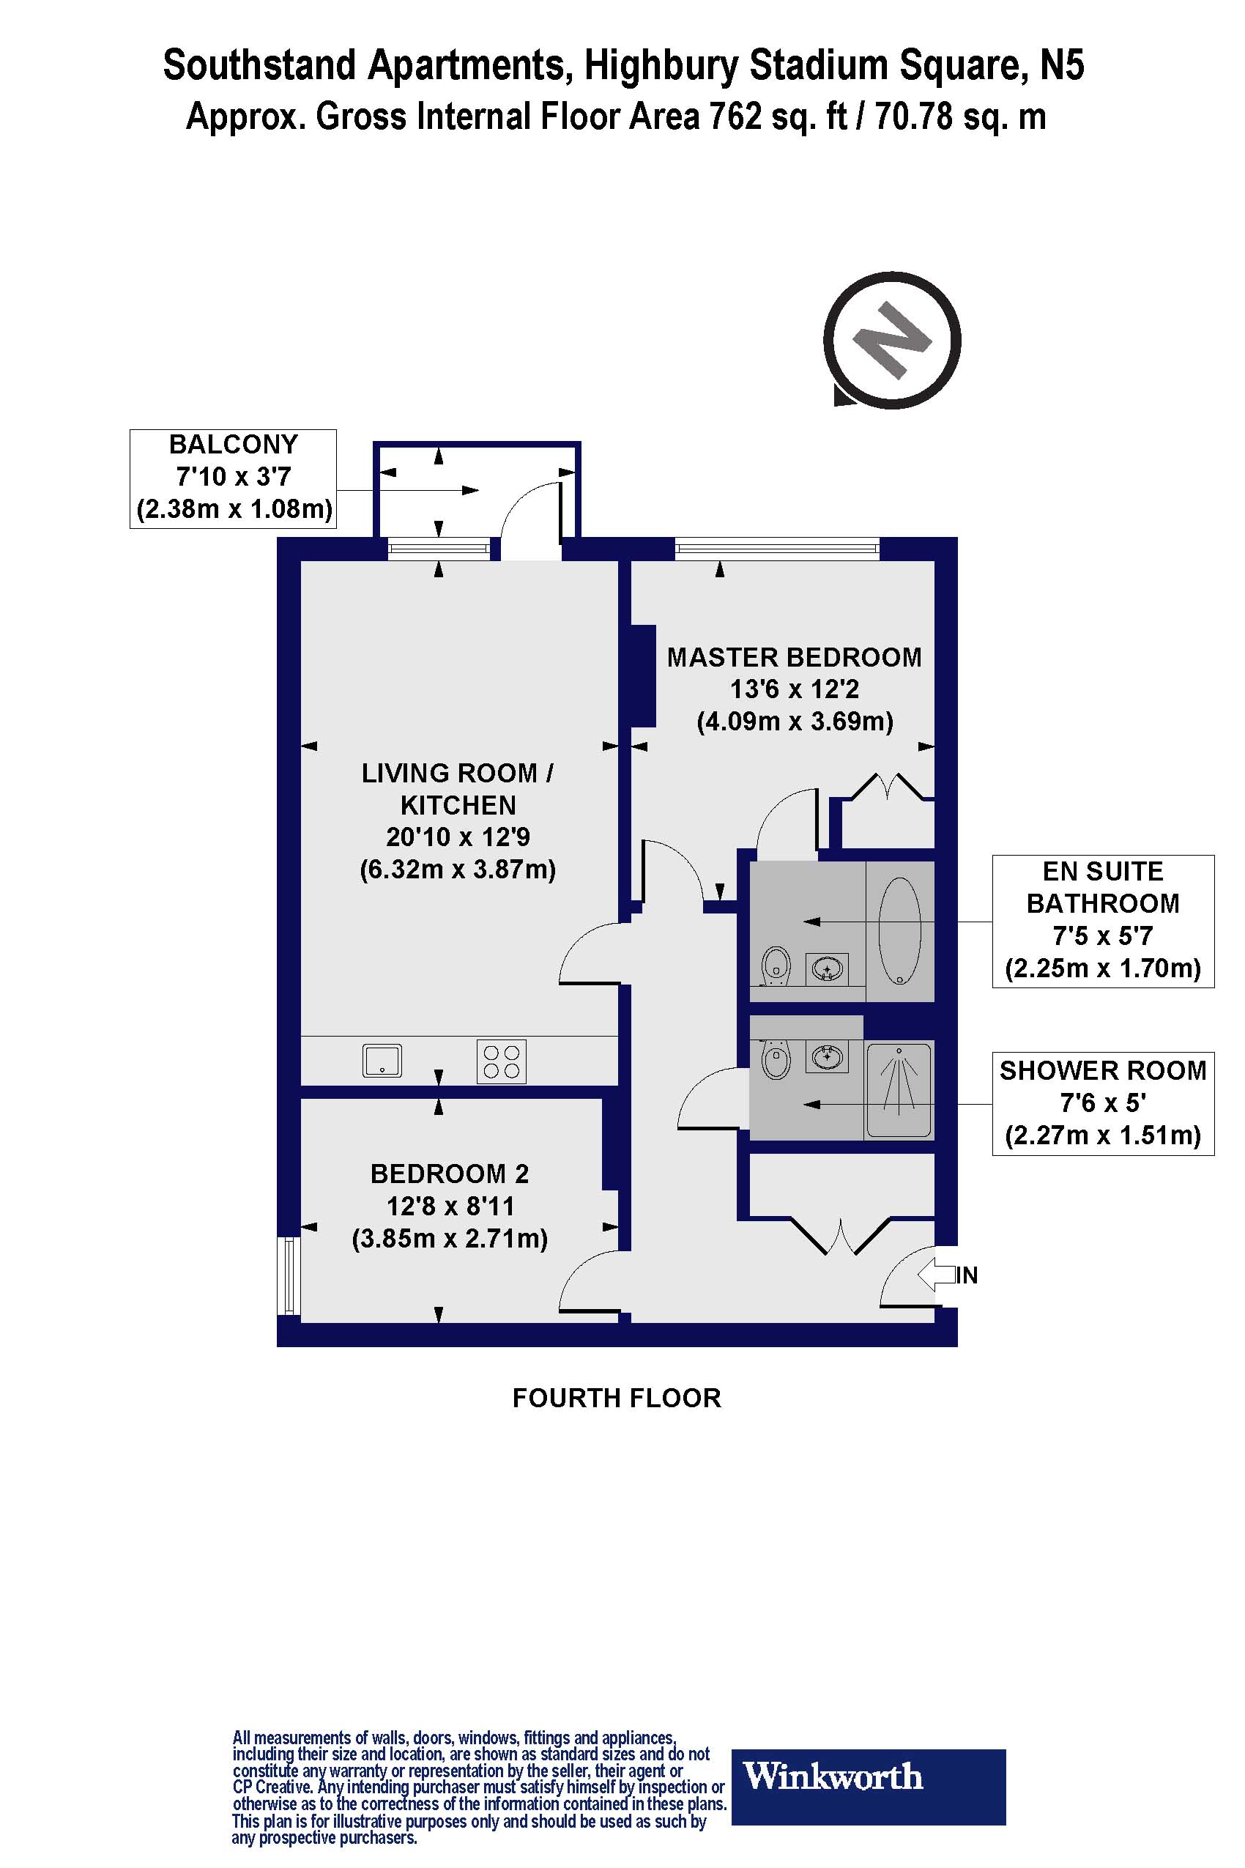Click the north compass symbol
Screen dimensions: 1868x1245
point(892,341)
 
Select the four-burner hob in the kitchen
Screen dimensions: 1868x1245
point(501,1061)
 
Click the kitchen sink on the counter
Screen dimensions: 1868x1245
point(382,1060)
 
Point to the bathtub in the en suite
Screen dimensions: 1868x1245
point(899,930)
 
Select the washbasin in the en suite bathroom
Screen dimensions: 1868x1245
point(827,969)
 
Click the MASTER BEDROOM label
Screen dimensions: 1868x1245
point(794,658)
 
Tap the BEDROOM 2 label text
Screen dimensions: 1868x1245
point(450,1174)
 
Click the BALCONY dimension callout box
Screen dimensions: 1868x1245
point(234,478)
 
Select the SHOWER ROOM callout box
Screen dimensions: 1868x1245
point(1103,1103)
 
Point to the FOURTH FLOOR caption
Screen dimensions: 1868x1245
point(616,1398)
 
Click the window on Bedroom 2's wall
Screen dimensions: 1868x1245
point(290,1275)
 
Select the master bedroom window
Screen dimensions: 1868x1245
point(777,548)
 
